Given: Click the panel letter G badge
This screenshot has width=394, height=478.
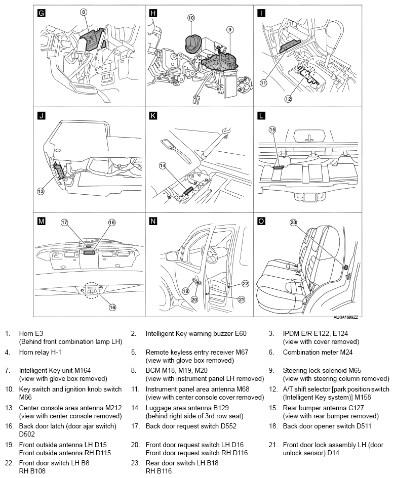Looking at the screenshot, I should tap(42, 14).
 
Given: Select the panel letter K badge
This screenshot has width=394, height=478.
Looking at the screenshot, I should tap(153, 116).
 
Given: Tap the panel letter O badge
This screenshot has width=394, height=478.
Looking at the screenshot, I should tap(262, 222).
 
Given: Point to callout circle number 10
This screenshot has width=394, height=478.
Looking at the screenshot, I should tap(191, 18).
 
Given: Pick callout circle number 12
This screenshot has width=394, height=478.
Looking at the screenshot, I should tap(289, 99).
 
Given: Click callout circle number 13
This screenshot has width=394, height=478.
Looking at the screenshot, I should tap(41, 191).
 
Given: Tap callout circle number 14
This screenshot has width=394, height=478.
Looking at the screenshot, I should tap(163, 165).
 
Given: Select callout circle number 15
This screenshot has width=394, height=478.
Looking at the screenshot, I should tap(272, 130).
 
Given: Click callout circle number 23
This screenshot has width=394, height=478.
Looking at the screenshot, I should tap(293, 222).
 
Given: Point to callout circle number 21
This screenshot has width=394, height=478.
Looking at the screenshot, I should tap(242, 299).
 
